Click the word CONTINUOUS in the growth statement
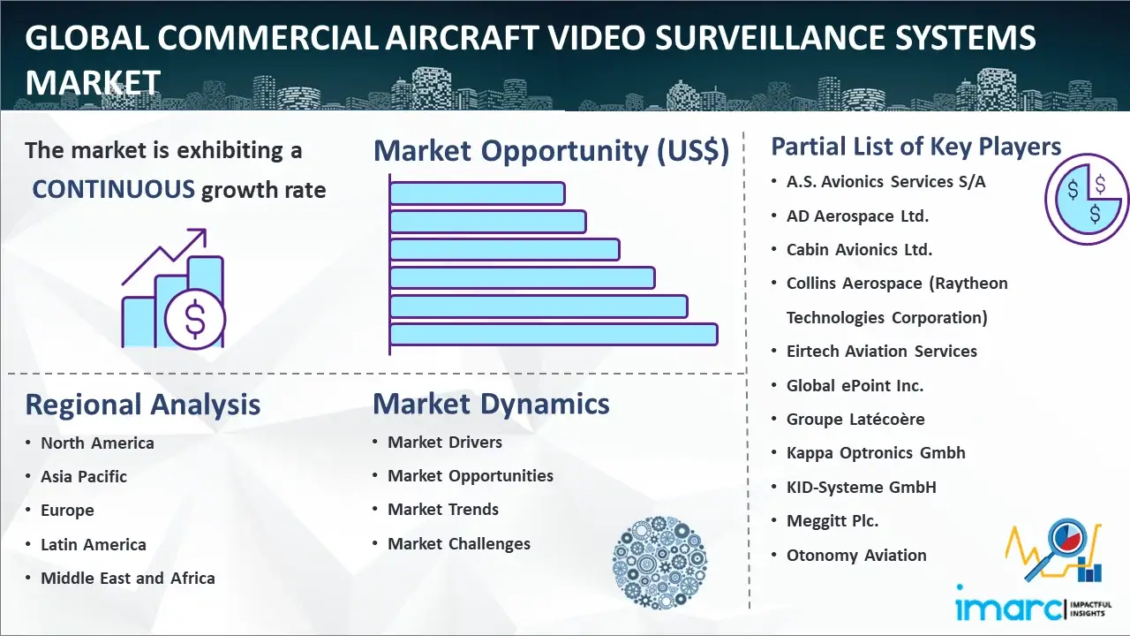coord(113,189)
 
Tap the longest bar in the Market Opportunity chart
coord(554,335)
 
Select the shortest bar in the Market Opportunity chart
coord(478,193)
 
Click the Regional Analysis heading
coord(143,405)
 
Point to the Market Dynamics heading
coord(491,404)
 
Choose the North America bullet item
coord(97,443)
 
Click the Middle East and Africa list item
coord(128,578)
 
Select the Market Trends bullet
coord(443,510)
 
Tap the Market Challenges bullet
coord(458,543)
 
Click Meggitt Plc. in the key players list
coord(832,521)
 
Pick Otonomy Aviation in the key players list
coord(856,556)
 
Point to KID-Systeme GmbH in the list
coord(861,487)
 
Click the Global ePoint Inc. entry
coord(855,386)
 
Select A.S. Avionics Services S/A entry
coord(885,182)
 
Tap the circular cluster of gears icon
coord(659,563)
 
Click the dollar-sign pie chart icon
coord(1087,200)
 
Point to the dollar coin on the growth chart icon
coord(195,320)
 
